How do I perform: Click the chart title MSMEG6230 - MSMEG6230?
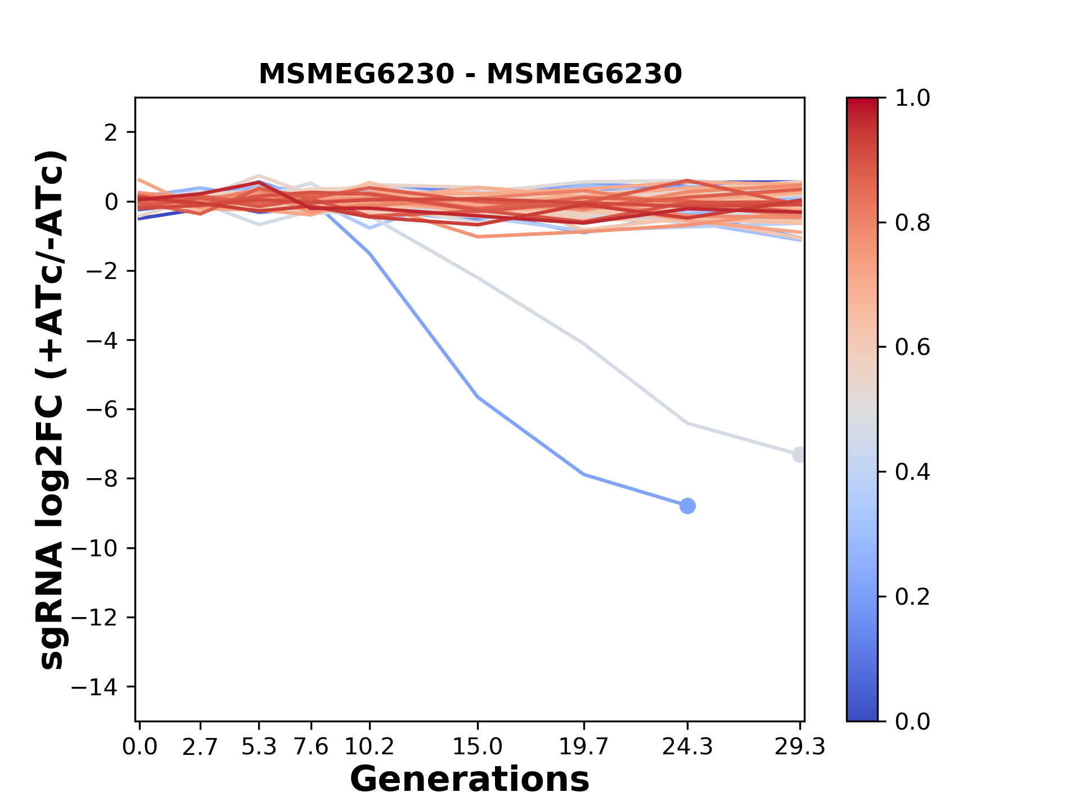470,74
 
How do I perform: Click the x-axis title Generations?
470,780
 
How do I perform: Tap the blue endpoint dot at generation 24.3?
687,506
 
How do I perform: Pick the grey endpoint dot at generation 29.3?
799,454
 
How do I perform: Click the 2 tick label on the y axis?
111,132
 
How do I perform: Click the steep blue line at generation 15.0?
478,397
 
